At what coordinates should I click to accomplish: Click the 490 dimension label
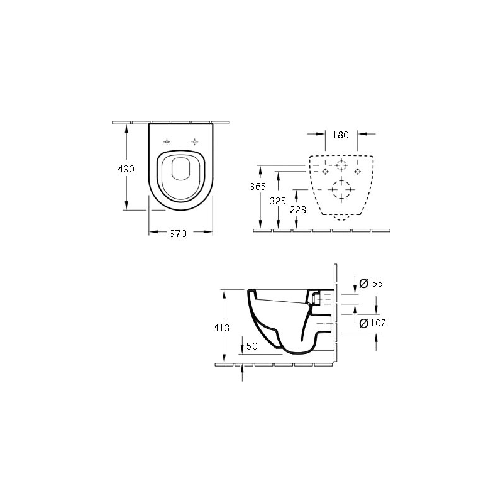coord(126,169)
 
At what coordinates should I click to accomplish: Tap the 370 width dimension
coord(178,233)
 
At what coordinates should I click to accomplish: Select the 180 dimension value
coord(340,135)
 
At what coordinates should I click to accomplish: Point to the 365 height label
coord(258,186)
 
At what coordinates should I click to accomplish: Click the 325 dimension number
coord(278,201)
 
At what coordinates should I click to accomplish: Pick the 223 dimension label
coord(298,210)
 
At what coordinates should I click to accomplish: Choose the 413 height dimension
coord(221,328)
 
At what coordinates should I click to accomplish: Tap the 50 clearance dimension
coord(252,346)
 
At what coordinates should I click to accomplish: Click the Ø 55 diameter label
coord(371,284)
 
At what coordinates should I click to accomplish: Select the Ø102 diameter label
coord(373,323)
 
